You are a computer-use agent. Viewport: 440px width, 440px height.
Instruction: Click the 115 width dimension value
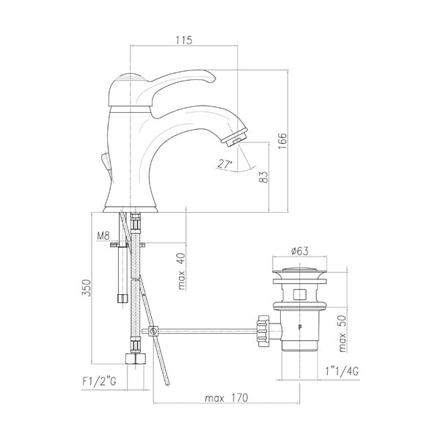183,41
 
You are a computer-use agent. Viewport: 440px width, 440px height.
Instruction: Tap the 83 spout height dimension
263,177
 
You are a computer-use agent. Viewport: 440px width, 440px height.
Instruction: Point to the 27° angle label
225,164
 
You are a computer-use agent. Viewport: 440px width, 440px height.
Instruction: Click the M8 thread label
103,236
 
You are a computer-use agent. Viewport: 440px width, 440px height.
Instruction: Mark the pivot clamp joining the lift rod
153,331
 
